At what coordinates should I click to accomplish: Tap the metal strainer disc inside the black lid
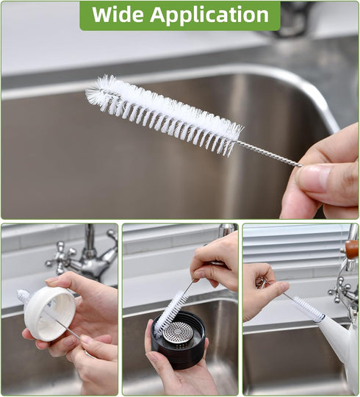coord(178,333)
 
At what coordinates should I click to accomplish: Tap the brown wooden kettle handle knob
coord(352,249)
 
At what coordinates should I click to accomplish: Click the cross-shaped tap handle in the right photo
coord(340,291)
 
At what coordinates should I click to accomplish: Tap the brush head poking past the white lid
coord(24,297)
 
